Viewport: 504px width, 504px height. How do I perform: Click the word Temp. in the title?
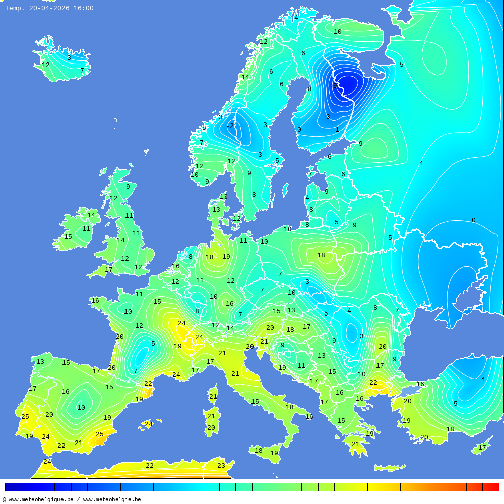15,8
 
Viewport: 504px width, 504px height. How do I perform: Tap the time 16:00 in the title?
83,8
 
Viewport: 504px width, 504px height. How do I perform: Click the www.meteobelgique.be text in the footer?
41,499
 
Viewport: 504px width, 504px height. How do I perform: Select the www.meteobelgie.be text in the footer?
112,499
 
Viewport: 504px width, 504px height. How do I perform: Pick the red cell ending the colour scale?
491,487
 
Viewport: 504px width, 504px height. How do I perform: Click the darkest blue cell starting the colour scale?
13,487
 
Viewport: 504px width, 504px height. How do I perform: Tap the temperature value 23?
221,466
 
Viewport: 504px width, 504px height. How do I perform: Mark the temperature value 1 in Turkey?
483,380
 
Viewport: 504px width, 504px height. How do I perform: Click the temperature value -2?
230,126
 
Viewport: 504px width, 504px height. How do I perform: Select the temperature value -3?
326,117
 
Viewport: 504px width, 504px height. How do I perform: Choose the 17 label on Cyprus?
482,448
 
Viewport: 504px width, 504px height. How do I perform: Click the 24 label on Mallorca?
149,424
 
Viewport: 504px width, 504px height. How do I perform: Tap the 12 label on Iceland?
46,65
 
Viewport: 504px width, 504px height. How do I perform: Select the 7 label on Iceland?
82,71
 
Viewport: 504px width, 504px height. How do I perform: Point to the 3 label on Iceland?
69,58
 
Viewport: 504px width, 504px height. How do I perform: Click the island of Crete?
390,468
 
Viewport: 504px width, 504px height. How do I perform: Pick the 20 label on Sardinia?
211,428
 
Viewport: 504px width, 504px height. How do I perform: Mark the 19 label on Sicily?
274,453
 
